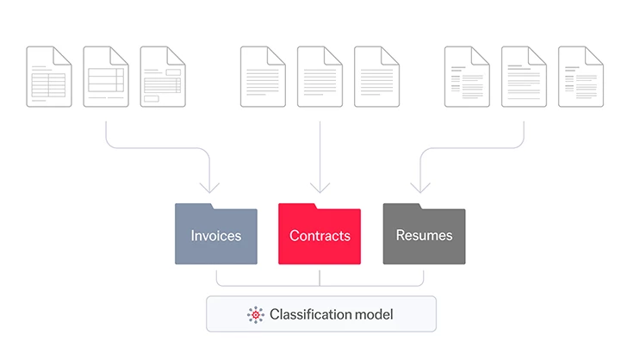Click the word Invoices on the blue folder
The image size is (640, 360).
tap(215, 235)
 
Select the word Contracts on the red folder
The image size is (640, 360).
tap(320, 235)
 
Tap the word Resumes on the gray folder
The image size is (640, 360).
tap(424, 235)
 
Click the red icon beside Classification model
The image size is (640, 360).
tap(256, 314)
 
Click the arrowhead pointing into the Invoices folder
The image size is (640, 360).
tap(209, 187)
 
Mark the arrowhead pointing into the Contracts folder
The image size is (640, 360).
tap(320, 187)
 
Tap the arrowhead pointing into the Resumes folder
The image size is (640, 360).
tap(420, 187)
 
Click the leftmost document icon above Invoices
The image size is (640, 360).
tap(49, 77)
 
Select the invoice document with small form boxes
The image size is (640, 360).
tap(163, 77)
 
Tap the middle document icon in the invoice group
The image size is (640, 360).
tap(106, 77)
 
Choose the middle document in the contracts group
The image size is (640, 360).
tap(320, 77)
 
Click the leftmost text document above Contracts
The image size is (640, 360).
tap(263, 77)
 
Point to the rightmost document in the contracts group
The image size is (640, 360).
tap(376, 77)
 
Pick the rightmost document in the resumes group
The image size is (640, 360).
tap(581, 77)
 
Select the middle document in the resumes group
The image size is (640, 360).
tap(524, 77)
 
